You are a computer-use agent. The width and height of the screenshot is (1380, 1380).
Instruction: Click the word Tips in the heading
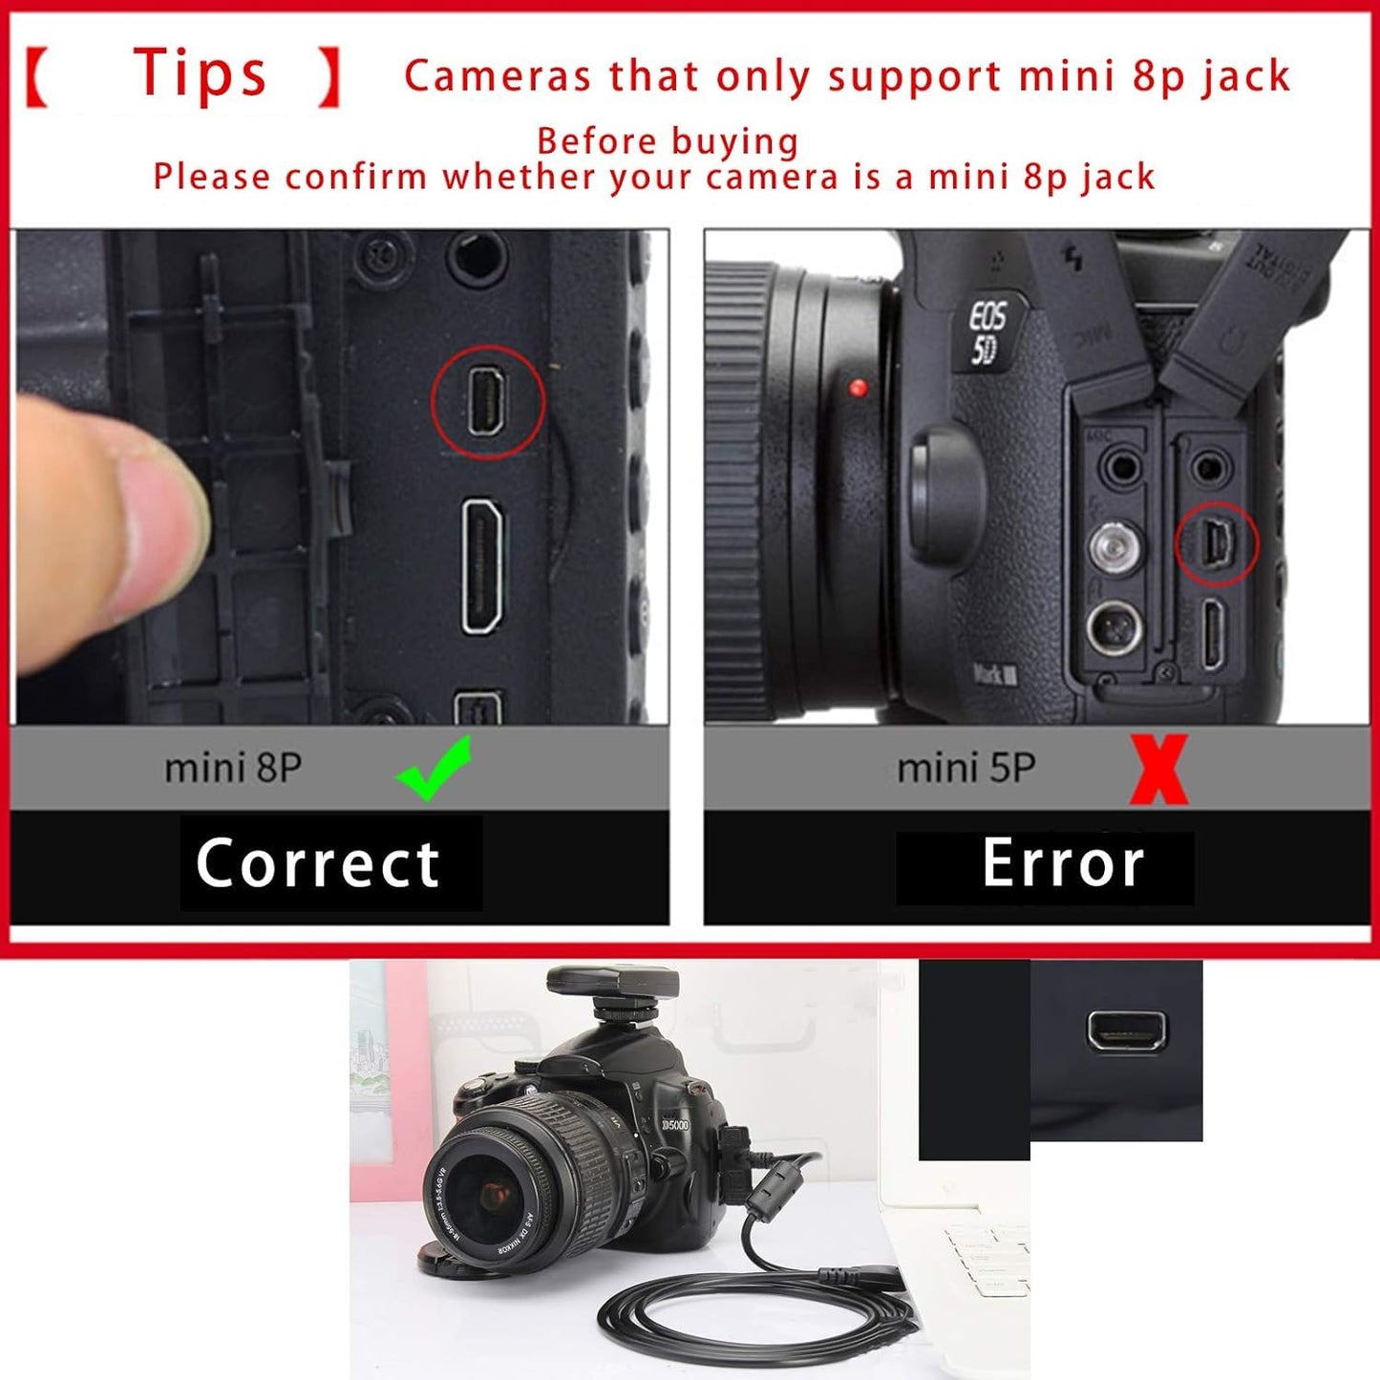click(200, 74)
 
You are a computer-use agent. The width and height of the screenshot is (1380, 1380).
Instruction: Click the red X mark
click(1158, 769)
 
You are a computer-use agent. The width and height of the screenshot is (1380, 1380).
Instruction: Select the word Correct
click(318, 863)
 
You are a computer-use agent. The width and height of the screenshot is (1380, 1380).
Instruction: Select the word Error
click(1063, 864)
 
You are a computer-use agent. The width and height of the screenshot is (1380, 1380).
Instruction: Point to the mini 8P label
click(233, 768)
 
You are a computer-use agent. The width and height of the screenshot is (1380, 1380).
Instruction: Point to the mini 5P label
click(966, 768)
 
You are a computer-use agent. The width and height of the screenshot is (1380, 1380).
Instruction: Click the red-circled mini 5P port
click(1218, 542)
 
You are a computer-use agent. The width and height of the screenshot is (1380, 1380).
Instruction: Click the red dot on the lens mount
click(858, 388)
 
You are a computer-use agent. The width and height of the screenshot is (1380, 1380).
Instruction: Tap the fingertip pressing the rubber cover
click(143, 535)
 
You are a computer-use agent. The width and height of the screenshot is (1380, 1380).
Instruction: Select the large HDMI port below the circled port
click(483, 565)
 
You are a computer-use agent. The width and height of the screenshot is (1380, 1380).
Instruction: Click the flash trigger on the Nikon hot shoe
click(611, 993)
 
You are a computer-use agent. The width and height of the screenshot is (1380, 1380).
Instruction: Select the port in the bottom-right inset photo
click(1127, 1030)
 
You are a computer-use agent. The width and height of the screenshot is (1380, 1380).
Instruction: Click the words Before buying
click(668, 141)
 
